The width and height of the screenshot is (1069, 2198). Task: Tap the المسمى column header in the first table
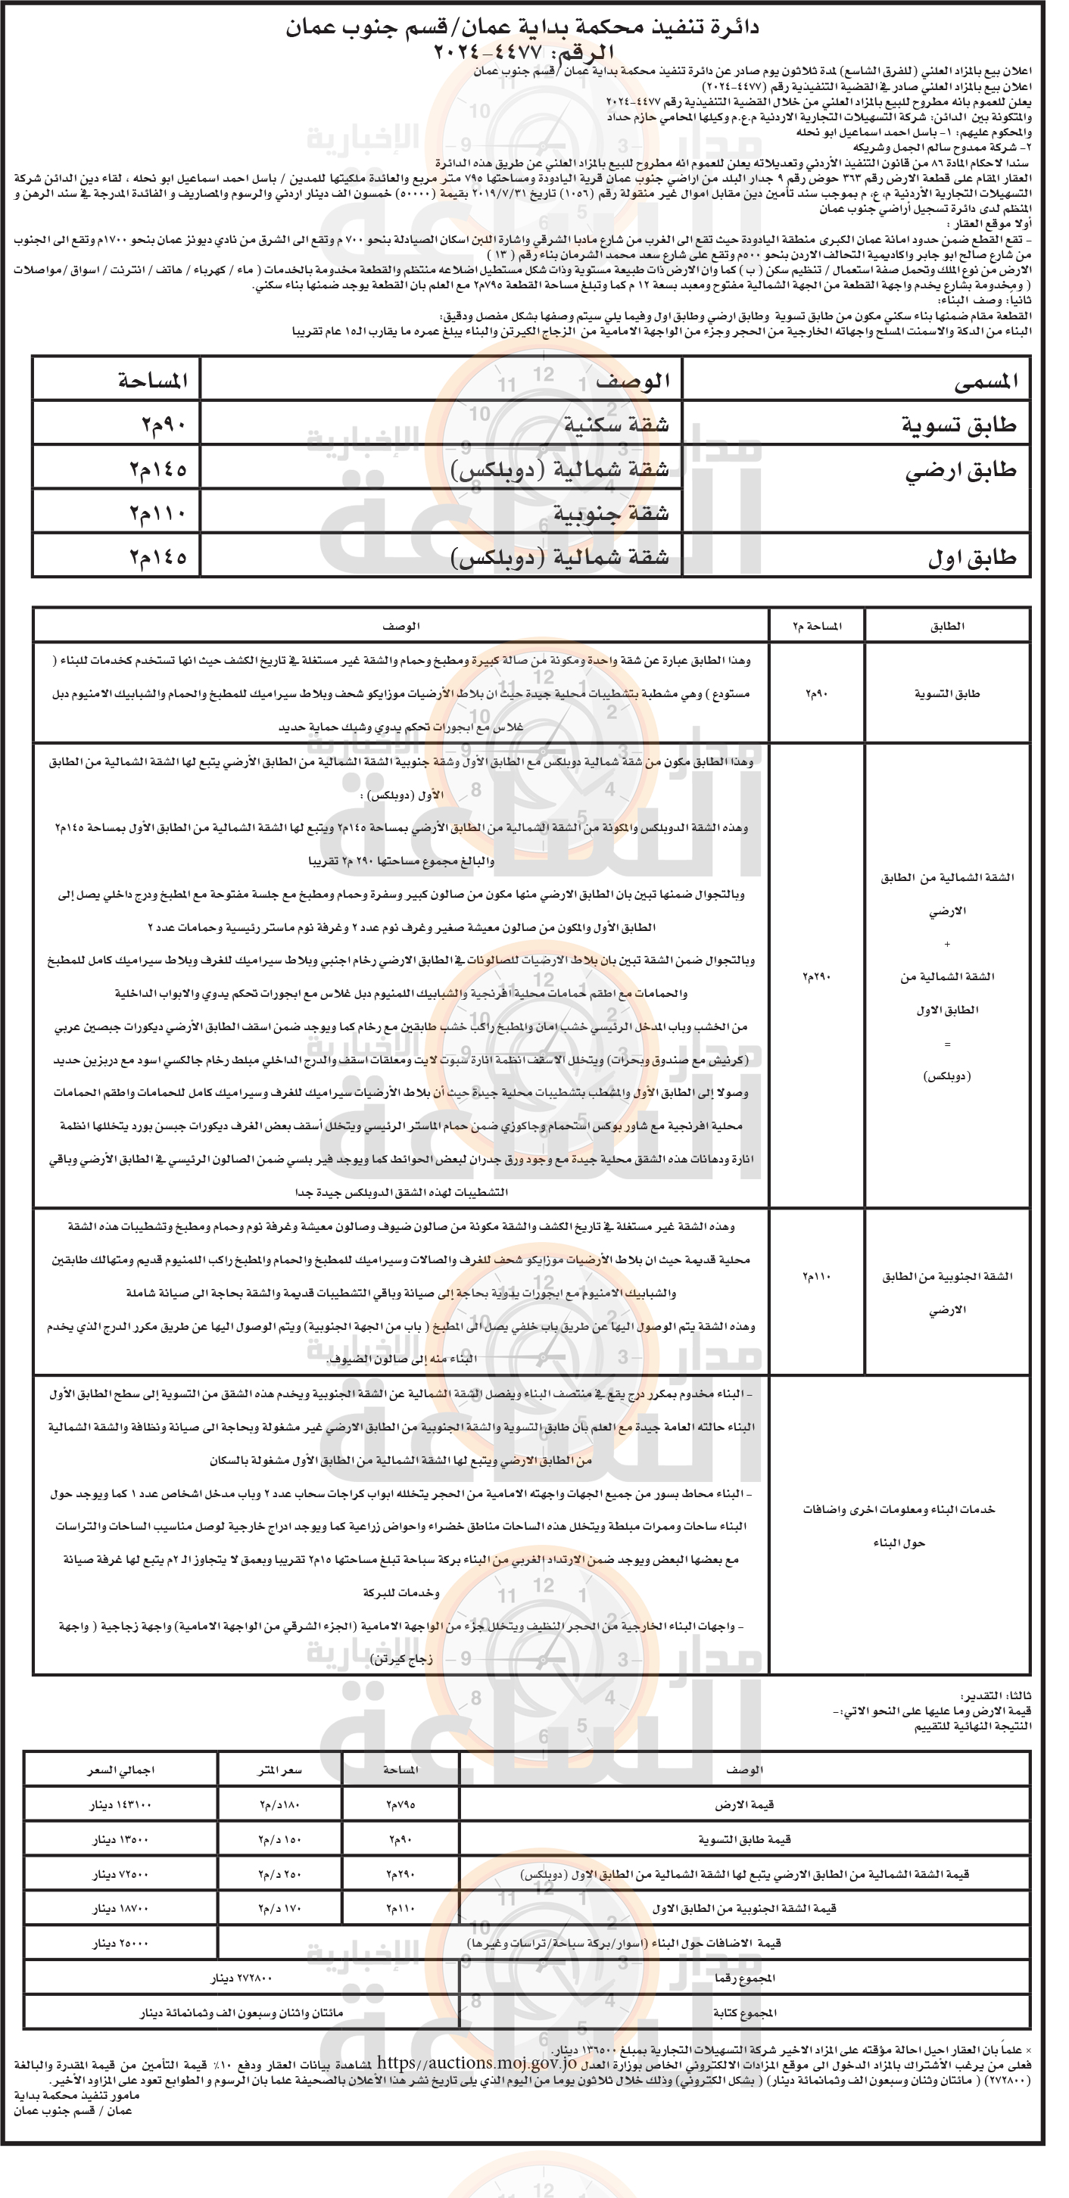(986, 381)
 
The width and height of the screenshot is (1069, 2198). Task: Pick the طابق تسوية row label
(959, 425)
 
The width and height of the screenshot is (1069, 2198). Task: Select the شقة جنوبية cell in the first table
(611, 513)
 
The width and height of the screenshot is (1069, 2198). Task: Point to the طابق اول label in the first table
(972, 558)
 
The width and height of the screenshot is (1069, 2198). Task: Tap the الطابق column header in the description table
(946, 625)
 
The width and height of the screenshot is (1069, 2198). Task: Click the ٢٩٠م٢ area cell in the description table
(816, 976)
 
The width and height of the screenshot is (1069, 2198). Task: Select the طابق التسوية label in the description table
(946, 694)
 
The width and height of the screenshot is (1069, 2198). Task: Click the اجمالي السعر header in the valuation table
(120, 1770)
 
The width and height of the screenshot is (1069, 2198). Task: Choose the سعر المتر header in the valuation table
(280, 1770)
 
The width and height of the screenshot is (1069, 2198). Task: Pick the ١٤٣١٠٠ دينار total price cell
(120, 1804)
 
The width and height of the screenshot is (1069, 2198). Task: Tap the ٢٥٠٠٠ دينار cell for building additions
(120, 1943)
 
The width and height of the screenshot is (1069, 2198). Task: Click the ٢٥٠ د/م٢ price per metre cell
(280, 1874)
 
